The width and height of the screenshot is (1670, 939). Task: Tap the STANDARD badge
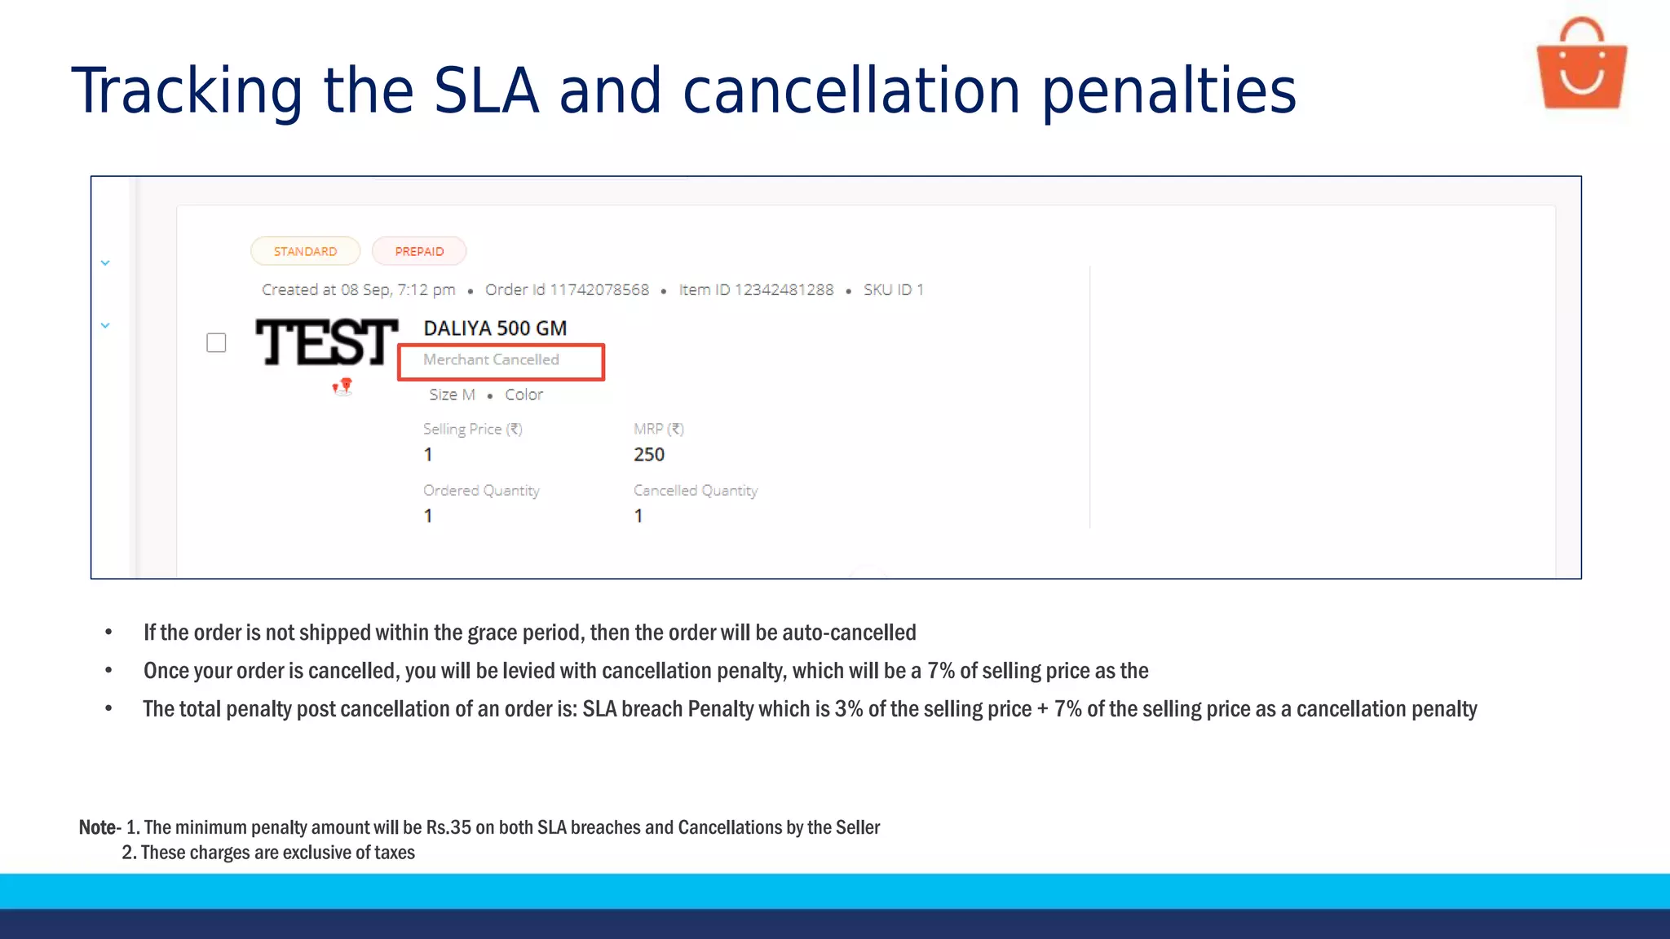[x=305, y=251]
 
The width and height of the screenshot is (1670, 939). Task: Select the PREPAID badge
[x=419, y=251]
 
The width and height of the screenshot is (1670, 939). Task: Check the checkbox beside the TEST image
[x=216, y=342]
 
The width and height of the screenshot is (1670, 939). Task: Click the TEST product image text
[x=326, y=342]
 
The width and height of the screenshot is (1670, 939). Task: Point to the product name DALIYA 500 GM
[x=495, y=328]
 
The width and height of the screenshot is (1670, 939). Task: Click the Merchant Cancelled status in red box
[x=491, y=360]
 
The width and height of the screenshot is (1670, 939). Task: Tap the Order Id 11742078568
[x=567, y=290]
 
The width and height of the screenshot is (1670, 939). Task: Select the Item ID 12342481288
[x=756, y=290]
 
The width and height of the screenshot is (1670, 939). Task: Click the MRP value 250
[x=649, y=455]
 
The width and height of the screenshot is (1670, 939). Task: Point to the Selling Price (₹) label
[x=472, y=429]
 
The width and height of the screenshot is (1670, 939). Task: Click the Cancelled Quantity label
[x=696, y=491]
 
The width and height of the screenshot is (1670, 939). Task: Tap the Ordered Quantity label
[x=481, y=491]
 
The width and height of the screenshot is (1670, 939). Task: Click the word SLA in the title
[x=486, y=90]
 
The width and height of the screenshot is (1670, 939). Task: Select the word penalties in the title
[x=1169, y=91]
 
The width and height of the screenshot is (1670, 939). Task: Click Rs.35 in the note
[x=448, y=827]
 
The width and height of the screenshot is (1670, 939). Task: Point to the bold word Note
[x=97, y=827]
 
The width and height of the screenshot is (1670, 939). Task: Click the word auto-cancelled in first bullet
[x=849, y=633]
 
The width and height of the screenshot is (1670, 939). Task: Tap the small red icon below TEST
[x=343, y=386]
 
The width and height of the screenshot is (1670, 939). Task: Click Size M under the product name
[x=452, y=395]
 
